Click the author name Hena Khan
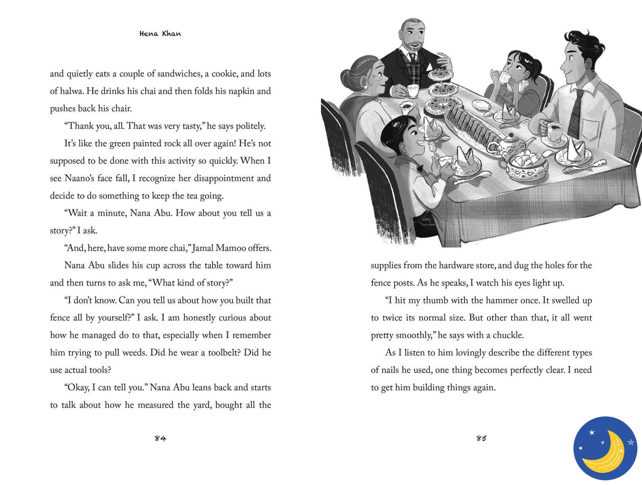pos(160,34)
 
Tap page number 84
pos(160,438)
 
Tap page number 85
pos(481,438)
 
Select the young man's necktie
pos(576,113)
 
